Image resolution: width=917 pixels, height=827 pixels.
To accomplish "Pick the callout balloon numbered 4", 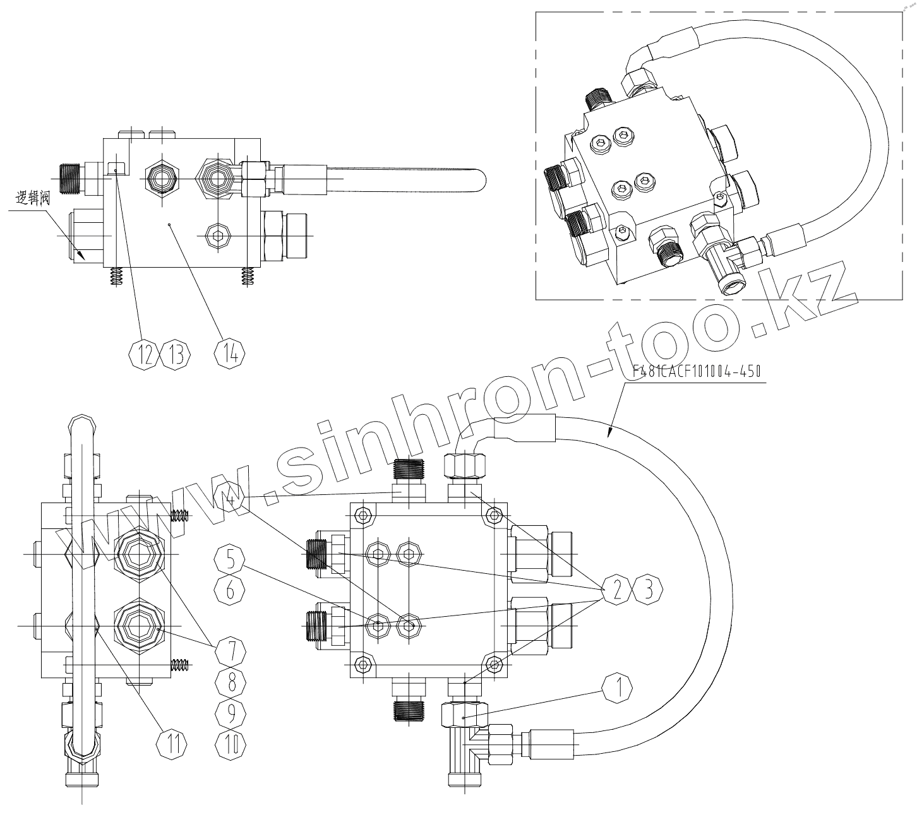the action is coord(230,499).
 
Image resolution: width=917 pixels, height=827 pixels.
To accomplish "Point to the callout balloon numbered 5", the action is coord(230,559).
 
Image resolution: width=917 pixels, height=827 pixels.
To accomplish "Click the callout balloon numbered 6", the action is coord(230,590).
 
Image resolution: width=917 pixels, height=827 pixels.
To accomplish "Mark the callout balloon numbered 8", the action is coord(230,681).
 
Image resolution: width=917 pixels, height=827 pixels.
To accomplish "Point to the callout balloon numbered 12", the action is coord(145,355).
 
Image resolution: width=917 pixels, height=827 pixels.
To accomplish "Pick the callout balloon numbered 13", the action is coord(176,355).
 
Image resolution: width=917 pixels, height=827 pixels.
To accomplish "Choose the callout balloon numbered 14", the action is coord(231,354).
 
